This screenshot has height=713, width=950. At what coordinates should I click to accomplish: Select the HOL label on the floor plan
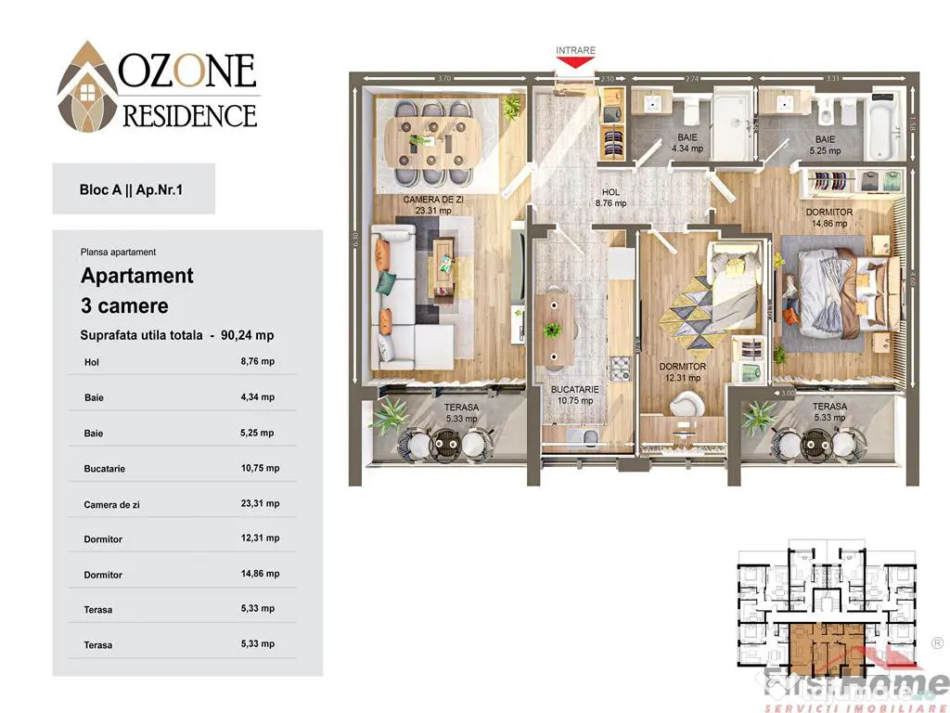coord(610,197)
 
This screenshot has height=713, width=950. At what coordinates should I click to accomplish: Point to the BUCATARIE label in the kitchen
coord(575,395)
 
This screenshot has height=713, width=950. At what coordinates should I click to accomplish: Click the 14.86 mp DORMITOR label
coord(828,217)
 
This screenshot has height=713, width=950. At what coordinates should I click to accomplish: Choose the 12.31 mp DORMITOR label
coord(683,372)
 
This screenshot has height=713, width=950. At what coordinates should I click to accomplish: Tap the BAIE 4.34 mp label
coord(688,142)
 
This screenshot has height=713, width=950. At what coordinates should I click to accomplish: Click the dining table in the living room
coord(434,140)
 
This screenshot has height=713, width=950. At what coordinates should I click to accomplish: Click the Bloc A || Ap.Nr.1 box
coord(134,188)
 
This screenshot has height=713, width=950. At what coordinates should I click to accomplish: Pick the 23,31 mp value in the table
coord(260,503)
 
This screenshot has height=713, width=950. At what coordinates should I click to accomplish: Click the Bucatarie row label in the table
coord(104,469)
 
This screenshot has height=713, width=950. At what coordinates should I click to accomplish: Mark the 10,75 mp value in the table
coord(260,468)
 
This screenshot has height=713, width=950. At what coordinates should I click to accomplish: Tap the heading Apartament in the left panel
coord(137,276)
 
